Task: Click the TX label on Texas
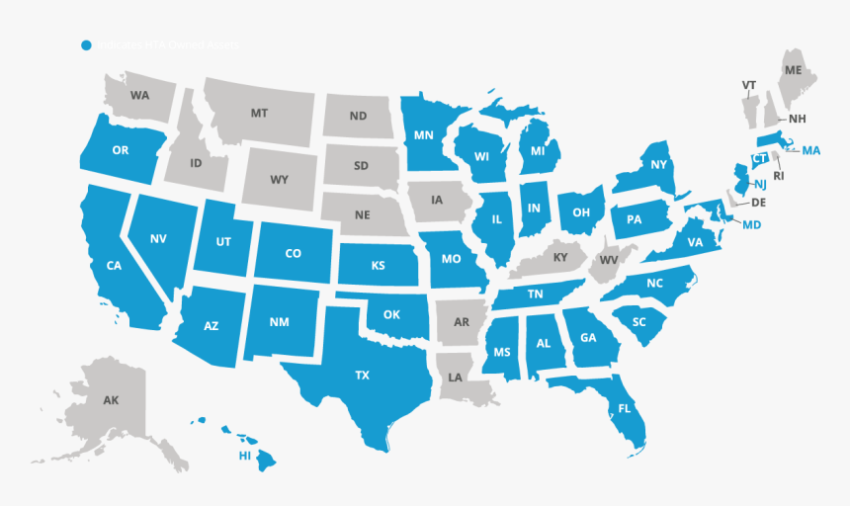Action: point(363,376)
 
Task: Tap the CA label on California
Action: point(114,265)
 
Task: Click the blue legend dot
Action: point(87,45)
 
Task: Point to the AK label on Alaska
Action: point(111,400)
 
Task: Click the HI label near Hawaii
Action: point(244,456)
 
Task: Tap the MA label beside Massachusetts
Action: point(811,150)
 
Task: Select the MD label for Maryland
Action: point(752,225)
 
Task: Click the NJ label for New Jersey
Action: point(760,185)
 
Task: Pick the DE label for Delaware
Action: point(759,203)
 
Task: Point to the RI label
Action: point(778,177)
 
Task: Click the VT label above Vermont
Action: point(749,86)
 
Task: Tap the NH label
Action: point(798,119)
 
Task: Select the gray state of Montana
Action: point(259,115)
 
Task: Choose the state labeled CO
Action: point(293,254)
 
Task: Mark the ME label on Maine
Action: point(794,71)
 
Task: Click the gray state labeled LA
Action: point(456,378)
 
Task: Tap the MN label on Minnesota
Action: point(424,135)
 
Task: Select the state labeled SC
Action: point(638,322)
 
